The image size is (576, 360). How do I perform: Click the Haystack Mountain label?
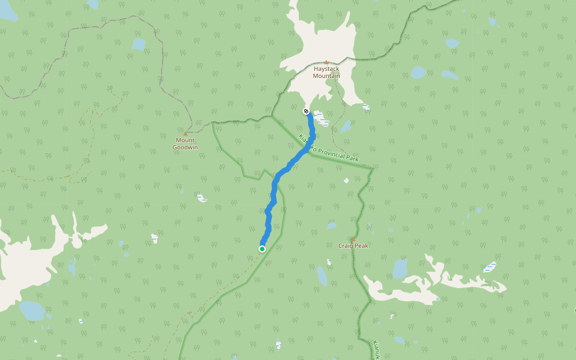coord(326,73)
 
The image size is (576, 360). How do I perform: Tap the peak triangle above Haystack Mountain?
coord(326,62)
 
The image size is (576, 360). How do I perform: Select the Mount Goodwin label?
coord(185,143)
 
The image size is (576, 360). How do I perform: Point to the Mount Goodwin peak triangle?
coord(185,133)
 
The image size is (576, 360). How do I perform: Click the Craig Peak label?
coord(353,246)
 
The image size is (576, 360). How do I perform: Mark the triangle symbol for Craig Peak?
coord(353,239)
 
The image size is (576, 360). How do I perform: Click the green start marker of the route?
coord(262,248)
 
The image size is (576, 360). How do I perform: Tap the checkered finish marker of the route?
coord(306,111)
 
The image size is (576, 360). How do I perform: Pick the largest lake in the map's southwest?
coord(31,310)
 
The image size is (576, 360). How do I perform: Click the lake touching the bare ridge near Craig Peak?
coord(400,268)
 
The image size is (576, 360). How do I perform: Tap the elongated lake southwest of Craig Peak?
coord(322,276)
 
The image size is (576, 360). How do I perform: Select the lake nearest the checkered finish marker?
coord(346,127)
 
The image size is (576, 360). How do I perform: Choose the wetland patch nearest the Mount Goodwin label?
coord(201,197)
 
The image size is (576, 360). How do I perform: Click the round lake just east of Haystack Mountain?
coord(418,73)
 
